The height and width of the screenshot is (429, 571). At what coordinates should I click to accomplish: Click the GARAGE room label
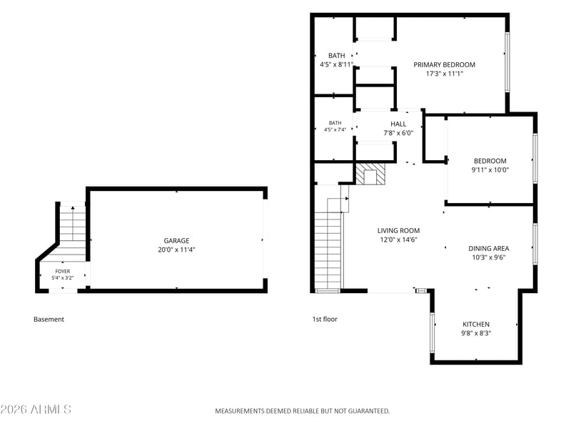point(176,241)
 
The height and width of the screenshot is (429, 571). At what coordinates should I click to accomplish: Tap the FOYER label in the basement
point(63,272)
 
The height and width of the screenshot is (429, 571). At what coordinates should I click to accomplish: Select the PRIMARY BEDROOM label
point(444,64)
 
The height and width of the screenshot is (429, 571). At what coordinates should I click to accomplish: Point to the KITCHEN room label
point(476,325)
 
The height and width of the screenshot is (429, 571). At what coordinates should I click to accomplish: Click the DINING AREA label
point(489,248)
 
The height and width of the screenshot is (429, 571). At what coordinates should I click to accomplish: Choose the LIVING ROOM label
point(398,230)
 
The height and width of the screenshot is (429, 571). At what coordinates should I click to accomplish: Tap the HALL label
point(398,124)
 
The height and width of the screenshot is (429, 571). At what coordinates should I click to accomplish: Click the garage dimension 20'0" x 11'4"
point(176,250)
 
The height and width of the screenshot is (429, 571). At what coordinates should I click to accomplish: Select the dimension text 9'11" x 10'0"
point(490,169)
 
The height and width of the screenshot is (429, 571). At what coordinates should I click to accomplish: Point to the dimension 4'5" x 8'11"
point(336,64)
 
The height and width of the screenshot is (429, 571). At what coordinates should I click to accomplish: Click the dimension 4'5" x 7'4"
point(335,129)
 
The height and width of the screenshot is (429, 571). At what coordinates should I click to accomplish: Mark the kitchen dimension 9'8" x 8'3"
point(476,333)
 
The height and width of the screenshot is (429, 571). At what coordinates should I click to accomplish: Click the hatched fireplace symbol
point(370,174)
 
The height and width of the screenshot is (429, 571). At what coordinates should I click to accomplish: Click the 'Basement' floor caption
point(49,319)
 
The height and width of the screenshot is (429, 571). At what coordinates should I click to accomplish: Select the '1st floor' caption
point(325,319)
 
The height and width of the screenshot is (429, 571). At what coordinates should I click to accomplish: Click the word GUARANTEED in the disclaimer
point(368,411)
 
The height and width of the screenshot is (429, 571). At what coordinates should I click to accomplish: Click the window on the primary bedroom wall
point(507,62)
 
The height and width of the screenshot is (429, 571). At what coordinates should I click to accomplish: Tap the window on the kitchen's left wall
point(433,332)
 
